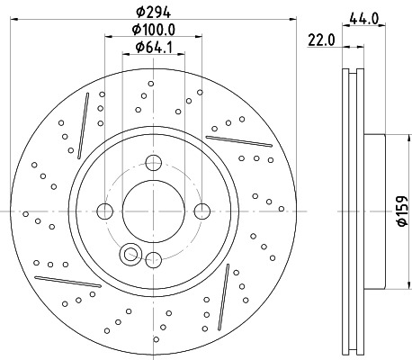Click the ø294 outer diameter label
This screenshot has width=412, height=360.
point(152,11)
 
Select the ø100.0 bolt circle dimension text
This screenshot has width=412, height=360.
point(152,29)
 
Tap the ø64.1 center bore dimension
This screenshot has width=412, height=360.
point(152,47)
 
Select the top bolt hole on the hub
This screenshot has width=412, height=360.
point(152,163)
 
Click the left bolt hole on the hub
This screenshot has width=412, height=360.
point(104,211)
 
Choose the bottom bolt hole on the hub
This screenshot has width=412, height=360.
point(152,260)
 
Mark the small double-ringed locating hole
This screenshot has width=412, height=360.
point(131,255)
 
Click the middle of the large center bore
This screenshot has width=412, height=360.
point(152,211)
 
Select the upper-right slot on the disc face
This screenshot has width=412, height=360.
point(238,140)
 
